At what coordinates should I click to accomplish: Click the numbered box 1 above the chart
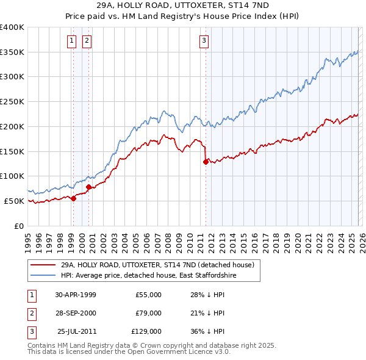point(72,41)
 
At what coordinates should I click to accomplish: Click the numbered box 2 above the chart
point(87,41)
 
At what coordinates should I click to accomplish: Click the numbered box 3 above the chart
point(204,41)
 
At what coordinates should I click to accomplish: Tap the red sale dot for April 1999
point(74,198)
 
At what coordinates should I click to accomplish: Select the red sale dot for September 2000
point(89,187)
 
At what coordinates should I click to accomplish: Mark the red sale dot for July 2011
point(206,162)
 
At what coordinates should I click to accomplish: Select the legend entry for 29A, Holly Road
point(161,265)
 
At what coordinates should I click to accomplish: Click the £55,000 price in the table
point(148,295)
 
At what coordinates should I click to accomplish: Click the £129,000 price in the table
point(146,331)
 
